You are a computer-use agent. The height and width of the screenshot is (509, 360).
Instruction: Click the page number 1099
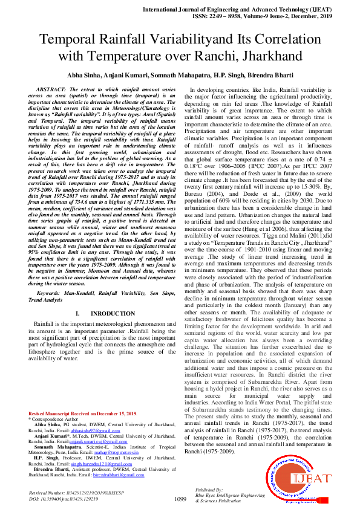coord(180,499)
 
